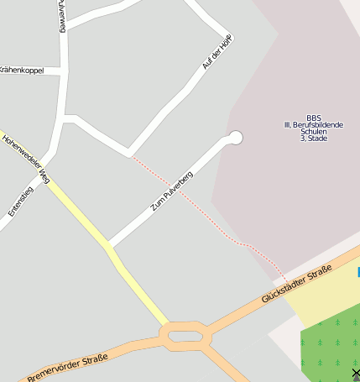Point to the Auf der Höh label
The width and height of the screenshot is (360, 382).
point(217,51)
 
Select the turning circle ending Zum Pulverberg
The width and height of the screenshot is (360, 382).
point(236,138)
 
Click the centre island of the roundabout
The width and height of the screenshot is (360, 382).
point(185,336)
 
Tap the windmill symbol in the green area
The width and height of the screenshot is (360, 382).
point(356,374)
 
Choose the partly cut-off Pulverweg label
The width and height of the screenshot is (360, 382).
point(62,15)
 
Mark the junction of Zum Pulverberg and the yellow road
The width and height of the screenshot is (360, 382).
point(109,247)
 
